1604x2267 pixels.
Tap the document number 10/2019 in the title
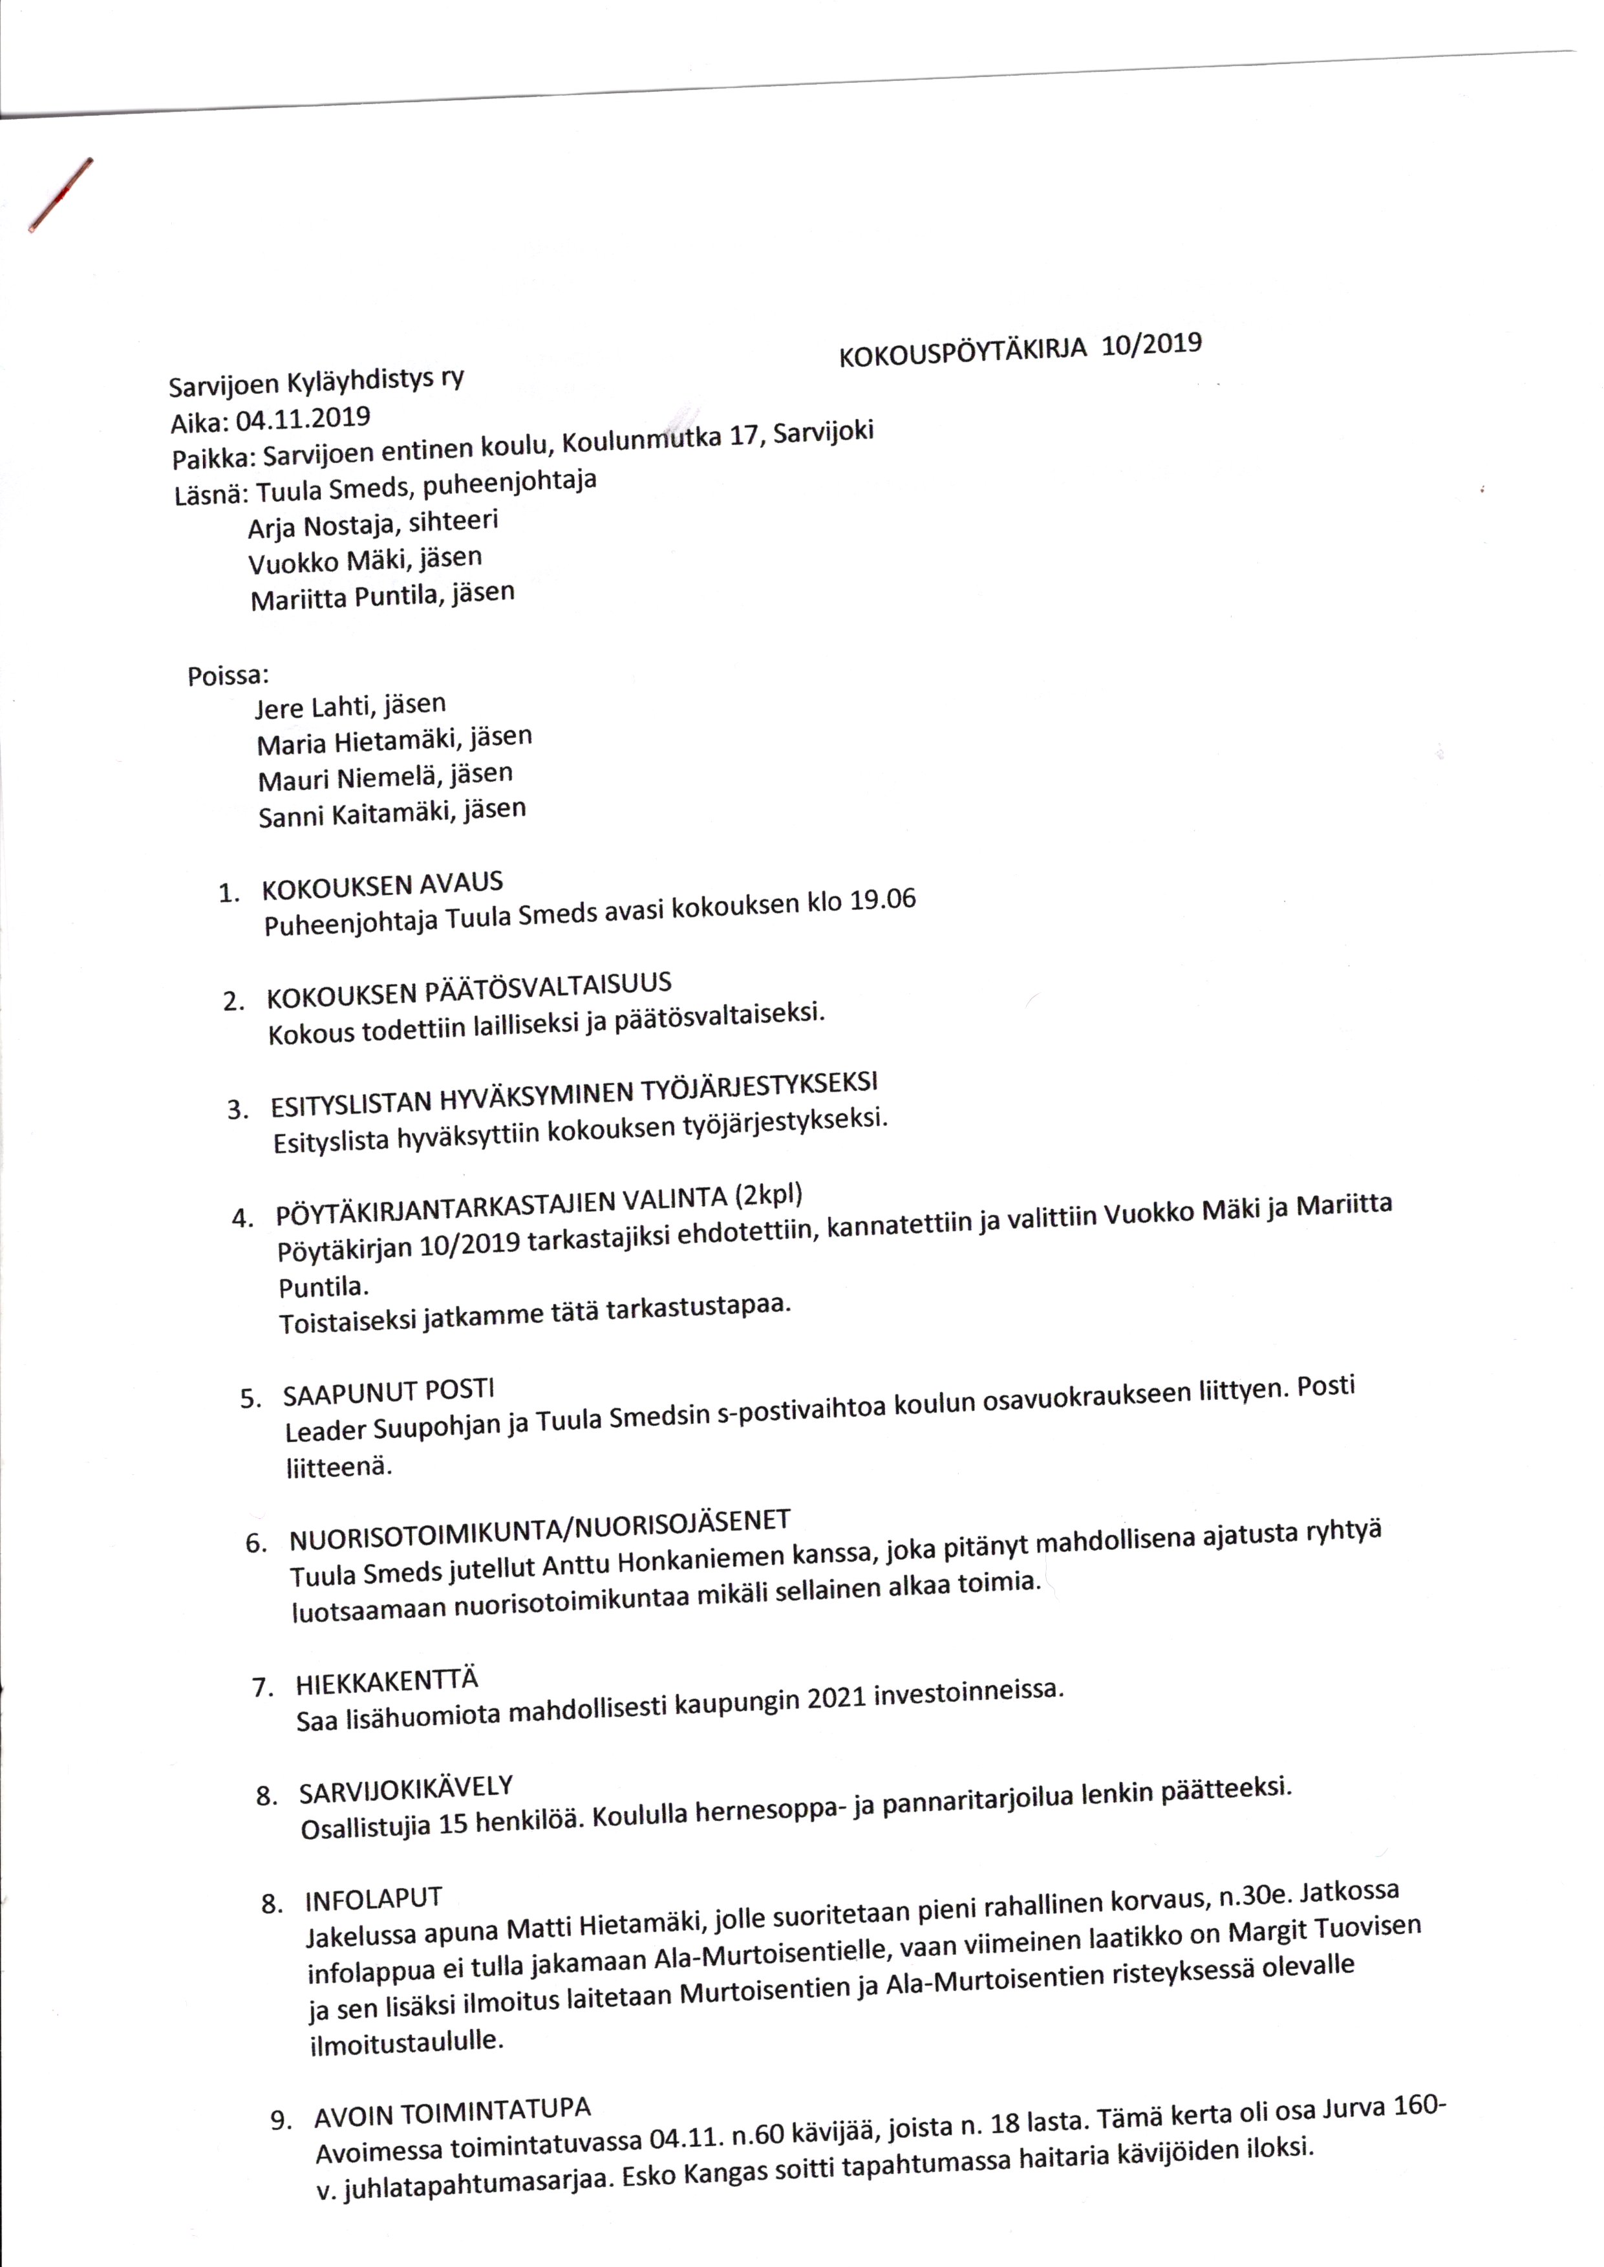(1151, 344)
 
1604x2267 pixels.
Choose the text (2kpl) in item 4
(769, 1196)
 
